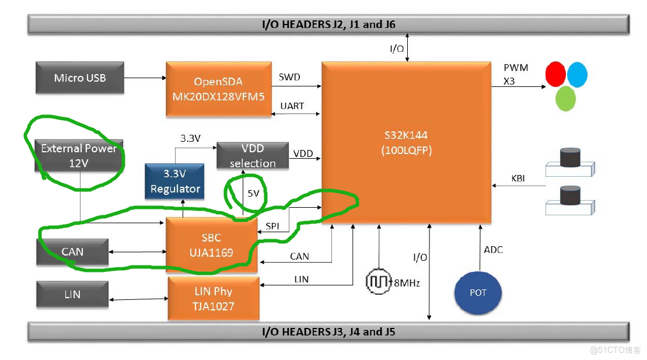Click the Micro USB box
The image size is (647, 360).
point(80,78)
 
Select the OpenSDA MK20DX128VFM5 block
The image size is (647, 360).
point(219,89)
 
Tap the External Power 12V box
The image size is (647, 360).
point(78,155)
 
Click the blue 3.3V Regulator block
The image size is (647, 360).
point(174,181)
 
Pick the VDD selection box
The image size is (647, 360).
point(253,155)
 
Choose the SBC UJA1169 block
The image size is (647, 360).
point(212,245)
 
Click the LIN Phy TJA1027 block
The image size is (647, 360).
point(214,299)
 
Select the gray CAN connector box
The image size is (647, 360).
point(72,252)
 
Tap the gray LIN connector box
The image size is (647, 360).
point(72,294)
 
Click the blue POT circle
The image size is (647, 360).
point(478,293)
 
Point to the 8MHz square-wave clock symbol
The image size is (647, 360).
point(379,282)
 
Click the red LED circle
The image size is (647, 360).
point(555,74)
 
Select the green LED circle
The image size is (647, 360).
point(565,99)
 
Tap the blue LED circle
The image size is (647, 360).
point(577,75)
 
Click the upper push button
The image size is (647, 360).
point(570,162)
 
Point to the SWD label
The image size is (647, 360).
point(289,77)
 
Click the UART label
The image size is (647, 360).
point(292,106)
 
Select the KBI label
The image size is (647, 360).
point(518,179)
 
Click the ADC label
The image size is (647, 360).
point(494,250)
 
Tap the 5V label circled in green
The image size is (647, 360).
point(253,193)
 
